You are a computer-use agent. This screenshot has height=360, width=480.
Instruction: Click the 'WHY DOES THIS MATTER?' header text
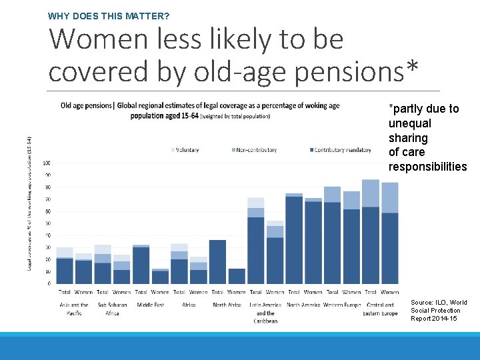(x=109, y=14)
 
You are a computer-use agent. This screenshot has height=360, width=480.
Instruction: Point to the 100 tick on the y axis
(x=46, y=163)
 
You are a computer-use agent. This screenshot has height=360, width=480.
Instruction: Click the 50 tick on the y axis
(x=47, y=223)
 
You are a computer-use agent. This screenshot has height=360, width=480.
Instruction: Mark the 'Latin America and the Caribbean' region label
(x=265, y=313)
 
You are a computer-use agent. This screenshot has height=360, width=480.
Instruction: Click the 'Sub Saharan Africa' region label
(x=112, y=309)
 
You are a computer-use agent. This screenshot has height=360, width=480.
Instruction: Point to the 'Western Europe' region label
(x=342, y=305)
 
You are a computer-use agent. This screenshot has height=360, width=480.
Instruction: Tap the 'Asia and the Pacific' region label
(x=74, y=309)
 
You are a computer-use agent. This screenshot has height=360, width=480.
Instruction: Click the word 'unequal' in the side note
(x=409, y=123)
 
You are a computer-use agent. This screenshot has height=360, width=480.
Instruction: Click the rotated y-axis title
(x=30, y=200)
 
